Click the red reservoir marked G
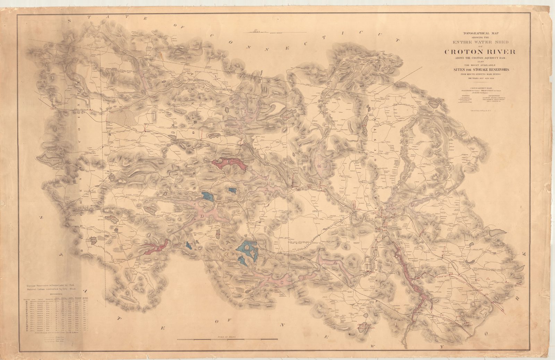pyautogui.click(x=229, y=164)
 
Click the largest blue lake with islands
pyautogui.click(x=247, y=250)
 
